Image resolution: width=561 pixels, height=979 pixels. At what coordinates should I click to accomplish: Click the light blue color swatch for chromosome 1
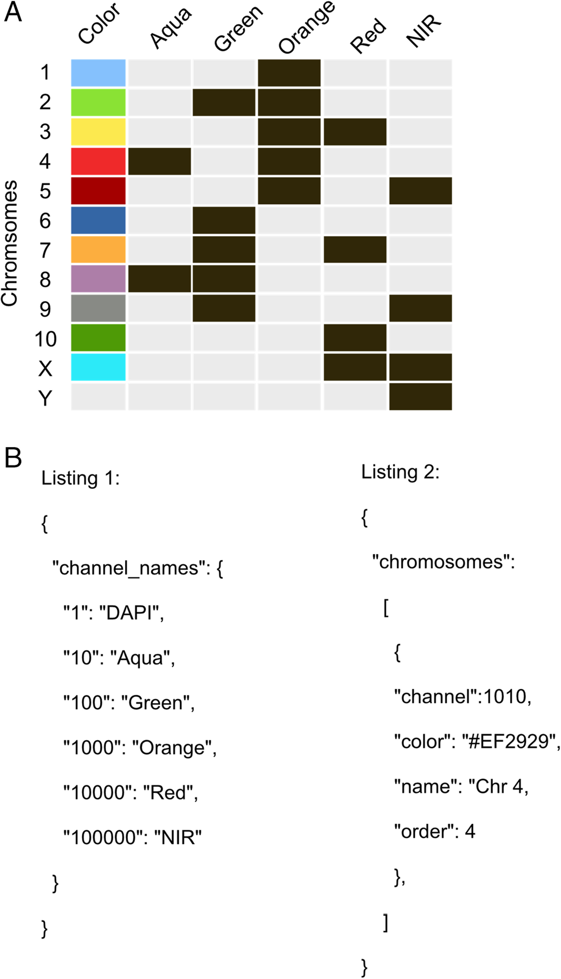coord(98,73)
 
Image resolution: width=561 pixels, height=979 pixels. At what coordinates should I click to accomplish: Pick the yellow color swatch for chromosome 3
coord(98,132)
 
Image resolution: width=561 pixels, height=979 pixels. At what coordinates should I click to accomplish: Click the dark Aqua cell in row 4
coord(159,161)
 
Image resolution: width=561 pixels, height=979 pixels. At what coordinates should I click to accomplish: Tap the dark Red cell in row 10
coord(355,338)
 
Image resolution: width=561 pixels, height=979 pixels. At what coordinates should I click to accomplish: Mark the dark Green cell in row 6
coord(224,220)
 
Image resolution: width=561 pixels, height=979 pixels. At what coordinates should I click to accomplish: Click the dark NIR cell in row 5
coord(420,191)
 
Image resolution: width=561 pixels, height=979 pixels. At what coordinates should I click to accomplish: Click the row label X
coord(45,368)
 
